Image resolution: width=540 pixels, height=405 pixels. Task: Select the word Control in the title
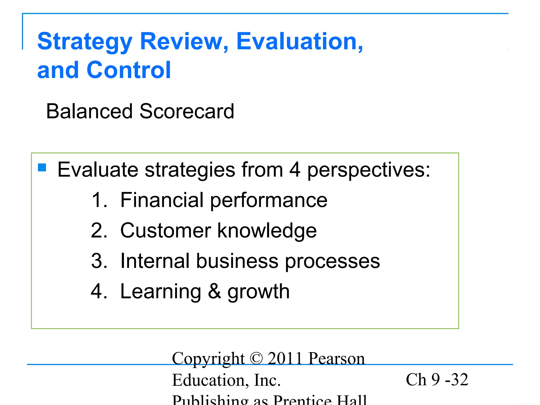(129, 70)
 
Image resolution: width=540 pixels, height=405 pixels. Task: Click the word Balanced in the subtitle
(89, 111)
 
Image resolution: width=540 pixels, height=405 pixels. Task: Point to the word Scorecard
(187, 111)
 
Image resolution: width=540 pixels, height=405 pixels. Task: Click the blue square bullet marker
(42, 167)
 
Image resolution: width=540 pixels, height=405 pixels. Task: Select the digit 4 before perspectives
(295, 170)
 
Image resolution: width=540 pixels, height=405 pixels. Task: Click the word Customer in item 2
(166, 231)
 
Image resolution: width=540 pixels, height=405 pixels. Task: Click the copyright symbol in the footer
(256, 359)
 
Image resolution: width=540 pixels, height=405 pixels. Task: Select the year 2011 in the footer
(285, 359)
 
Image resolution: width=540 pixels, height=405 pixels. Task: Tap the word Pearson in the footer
(336, 359)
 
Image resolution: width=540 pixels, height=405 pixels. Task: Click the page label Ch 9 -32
(437, 380)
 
